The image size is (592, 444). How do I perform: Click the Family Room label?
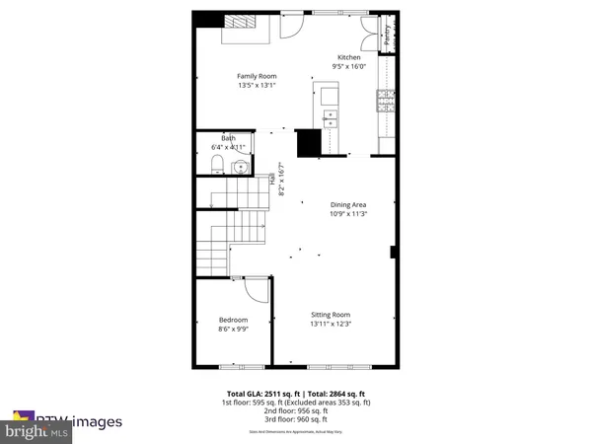257,76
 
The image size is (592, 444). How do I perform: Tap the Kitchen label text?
350,58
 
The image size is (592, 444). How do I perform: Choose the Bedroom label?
233,321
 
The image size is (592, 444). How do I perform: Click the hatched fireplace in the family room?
239,24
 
